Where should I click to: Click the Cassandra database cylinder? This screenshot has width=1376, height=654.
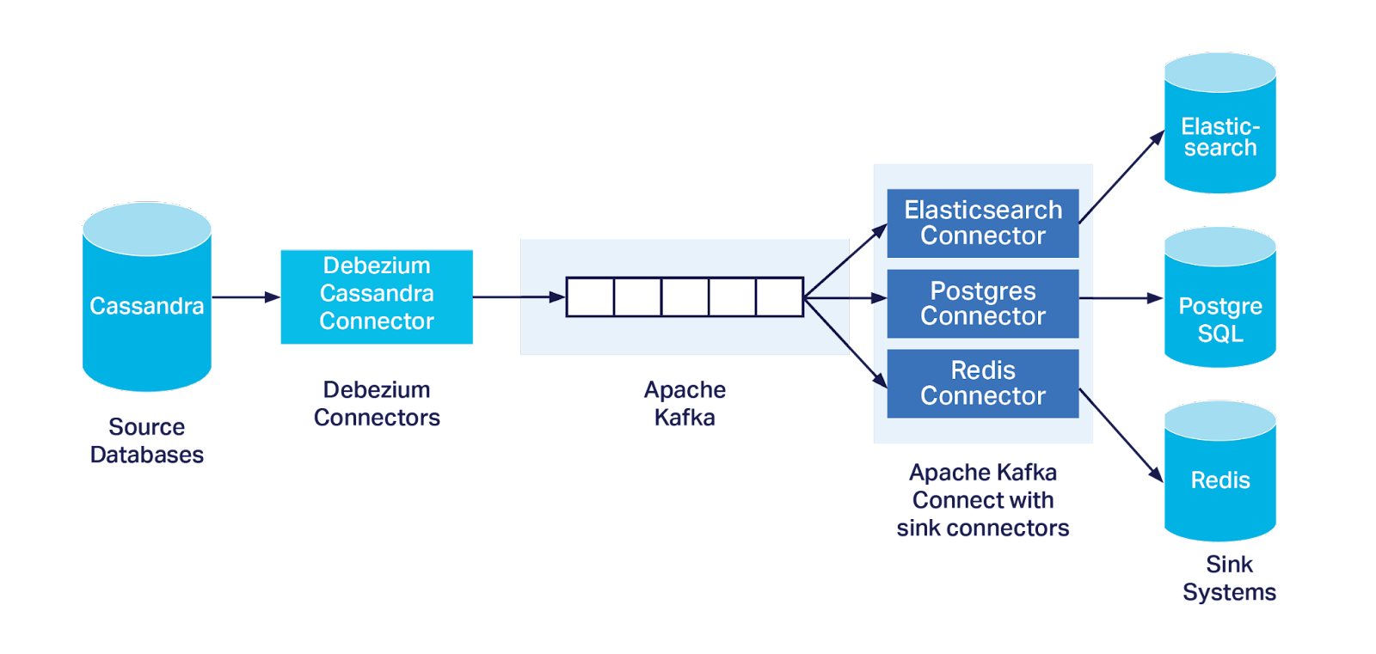(146, 305)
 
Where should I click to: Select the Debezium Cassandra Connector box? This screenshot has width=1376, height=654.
(376, 296)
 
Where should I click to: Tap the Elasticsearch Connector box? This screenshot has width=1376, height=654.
(982, 223)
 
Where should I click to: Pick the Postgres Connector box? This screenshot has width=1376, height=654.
(982, 303)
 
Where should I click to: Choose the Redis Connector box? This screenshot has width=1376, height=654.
(982, 383)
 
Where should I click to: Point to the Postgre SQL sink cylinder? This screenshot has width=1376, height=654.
(1219, 309)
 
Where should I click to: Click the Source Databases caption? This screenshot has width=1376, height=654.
(146, 441)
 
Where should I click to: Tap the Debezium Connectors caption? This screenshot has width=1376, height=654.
(377, 403)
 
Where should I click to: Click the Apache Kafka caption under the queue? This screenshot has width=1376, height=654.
(685, 403)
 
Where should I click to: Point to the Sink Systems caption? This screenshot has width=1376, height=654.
(1229, 578)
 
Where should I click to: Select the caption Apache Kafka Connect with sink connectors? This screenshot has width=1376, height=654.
(982, 500)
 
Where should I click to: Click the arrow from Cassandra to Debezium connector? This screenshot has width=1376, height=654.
(246, 297)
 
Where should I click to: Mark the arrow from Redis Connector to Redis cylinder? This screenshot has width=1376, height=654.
(1120, 434)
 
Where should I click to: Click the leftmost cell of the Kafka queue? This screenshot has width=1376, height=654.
(590, 297)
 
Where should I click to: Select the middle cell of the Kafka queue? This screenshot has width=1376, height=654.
(685, 297)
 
